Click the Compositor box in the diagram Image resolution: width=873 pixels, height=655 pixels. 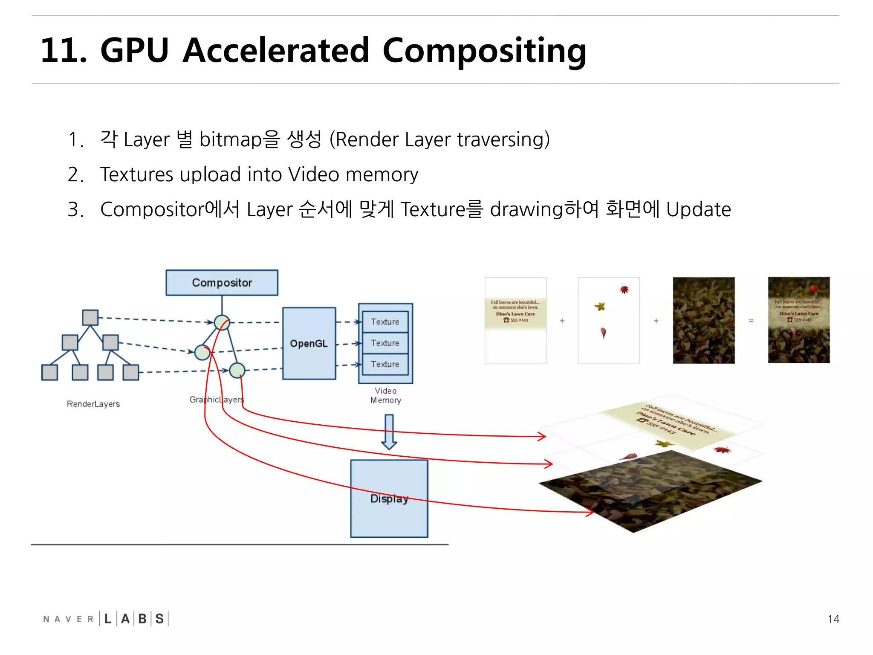coord(222,282)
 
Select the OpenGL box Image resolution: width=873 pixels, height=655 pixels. coord(309,343)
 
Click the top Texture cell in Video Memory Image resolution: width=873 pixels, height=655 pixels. coord(385,322)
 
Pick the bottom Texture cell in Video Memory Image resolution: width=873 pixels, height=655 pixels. coord(385,364)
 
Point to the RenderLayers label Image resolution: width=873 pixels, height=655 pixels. coord(93,404)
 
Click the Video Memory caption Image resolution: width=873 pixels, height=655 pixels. coord(386,395)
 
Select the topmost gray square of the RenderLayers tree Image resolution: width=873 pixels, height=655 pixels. coord(90,318)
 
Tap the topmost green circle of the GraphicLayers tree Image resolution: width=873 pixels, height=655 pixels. coord(222,322)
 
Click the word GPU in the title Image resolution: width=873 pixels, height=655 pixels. coord(134,50)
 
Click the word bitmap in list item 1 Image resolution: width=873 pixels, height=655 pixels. coord(230,140)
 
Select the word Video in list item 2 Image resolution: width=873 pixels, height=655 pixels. coord(314,174)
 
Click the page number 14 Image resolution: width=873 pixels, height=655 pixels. coord(833,619)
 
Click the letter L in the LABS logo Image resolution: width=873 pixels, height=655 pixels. coord(108,619)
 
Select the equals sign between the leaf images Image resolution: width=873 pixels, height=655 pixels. coord(751,321)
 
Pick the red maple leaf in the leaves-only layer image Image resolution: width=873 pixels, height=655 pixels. coord(624,290)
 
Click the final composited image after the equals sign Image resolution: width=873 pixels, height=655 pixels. coord(798,320)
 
